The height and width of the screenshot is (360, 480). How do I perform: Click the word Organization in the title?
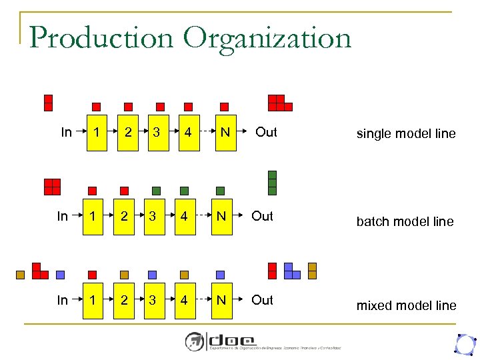click(267, 39)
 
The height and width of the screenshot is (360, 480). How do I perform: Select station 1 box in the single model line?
click(97, 132)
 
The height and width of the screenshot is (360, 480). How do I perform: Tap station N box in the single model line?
click(225, 132)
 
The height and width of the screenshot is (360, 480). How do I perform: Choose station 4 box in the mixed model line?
click(184, 300)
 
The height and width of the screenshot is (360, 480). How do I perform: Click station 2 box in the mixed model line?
click(124, 300)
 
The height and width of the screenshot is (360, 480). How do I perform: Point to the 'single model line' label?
click(406, 134)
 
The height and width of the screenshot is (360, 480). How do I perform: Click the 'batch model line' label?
click(405, 222)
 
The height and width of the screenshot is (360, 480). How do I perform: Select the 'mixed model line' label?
click(406, 306)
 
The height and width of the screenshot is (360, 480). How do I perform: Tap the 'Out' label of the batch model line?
click(262, 216)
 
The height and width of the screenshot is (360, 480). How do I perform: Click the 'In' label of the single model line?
click(66, 132)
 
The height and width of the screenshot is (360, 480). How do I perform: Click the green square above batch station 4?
click(185, 191)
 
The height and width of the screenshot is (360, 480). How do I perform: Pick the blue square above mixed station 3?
click(153, 274)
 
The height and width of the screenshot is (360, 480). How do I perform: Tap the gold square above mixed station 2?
click(124, 274)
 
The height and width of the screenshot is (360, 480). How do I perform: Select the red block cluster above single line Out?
click(279, 103)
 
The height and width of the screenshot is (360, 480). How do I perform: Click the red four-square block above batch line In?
click(52, 186)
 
